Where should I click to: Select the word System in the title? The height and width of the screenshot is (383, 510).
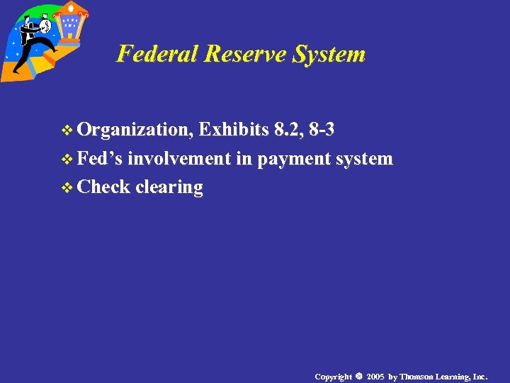[329, 54]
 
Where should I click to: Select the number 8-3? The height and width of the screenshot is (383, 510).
[322, 130]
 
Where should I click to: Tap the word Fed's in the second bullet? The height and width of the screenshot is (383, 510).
[101, 158]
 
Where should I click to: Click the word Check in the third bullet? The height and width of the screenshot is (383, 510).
[104, 187]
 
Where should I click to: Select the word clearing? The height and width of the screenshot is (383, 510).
[169, 187]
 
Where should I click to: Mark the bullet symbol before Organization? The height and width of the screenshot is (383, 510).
[68, 131]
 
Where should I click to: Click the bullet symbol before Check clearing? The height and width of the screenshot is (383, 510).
[68, 188]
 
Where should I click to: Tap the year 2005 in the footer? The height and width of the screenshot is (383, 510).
[375, 376]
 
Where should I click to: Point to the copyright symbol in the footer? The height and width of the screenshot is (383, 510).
[359, 376]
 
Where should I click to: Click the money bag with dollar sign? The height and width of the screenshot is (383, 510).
[45, 26]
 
